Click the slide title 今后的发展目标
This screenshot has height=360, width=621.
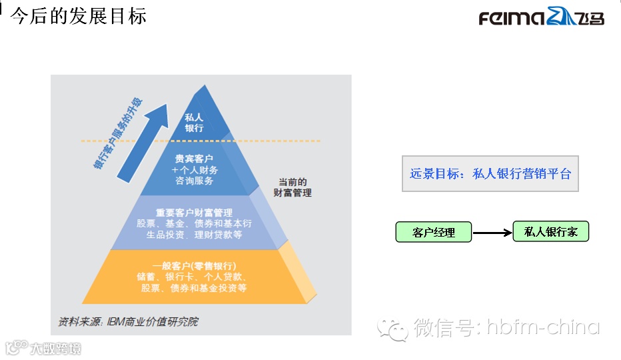(79, 16)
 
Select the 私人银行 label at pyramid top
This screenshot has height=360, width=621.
(195, 122)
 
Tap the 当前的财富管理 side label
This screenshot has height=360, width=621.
(293, 187)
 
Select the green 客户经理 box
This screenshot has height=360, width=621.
(434, 232)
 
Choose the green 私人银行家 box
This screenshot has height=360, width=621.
(550, 231)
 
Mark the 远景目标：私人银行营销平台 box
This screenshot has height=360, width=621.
(490, 174)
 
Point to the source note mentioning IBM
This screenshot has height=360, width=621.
(128, 321)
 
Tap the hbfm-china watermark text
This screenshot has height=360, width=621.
(542, 327)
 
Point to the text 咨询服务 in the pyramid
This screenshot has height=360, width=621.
(195, 181)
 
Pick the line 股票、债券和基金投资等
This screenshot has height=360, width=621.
(195, 288)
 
